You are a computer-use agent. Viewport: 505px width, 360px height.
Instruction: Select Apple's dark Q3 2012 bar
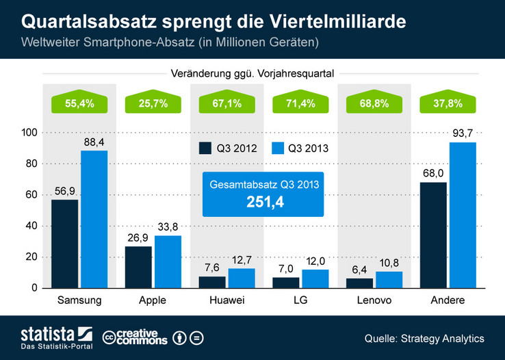coord(138,267)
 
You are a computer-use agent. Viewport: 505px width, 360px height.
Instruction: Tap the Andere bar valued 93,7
coord(462,215)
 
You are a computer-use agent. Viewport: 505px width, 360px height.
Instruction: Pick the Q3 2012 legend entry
coord(227,149)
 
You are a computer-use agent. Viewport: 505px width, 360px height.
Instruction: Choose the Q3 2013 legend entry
coord(299,149)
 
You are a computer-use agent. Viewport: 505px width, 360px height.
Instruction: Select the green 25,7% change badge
coord(142,104)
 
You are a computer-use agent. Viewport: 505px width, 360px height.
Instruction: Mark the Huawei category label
coord(224,300)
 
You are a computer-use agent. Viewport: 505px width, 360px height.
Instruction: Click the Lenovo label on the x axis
coord(373,300)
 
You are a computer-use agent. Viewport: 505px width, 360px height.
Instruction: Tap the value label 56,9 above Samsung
coord(65,191)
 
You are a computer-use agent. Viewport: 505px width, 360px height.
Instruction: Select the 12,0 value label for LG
coord(315,261)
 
